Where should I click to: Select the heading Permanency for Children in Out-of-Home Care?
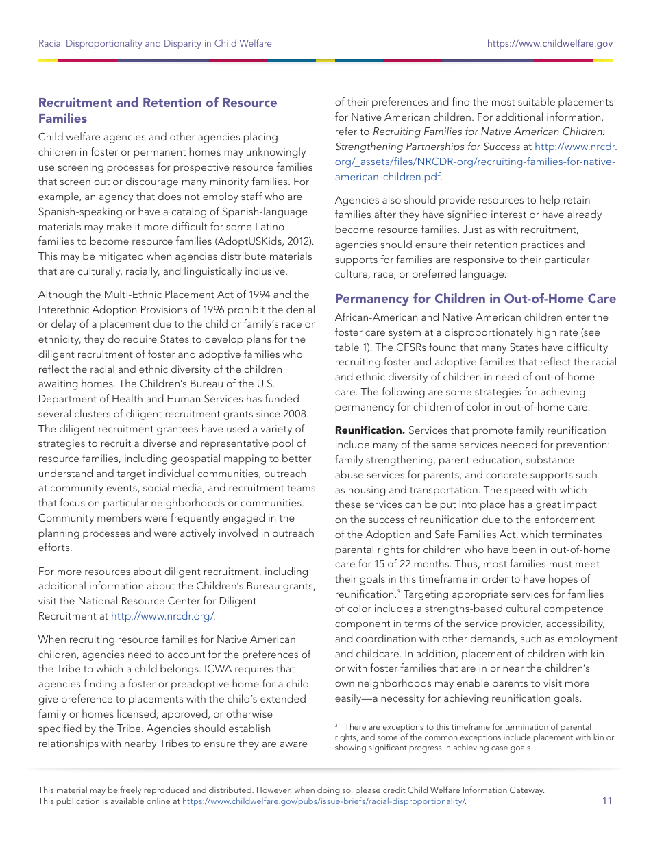coord(475,299)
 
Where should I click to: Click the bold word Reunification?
coord(369,430)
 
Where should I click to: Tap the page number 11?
coord(607,801)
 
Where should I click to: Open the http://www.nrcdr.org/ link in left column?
coord(162,616)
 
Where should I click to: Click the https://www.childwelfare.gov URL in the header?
coord(550,43)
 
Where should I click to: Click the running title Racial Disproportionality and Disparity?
coord(155,43)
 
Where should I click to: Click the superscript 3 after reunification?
coord(399,591)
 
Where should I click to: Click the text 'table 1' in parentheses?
coord(351,347)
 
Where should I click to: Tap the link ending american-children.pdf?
coord(387,177)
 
